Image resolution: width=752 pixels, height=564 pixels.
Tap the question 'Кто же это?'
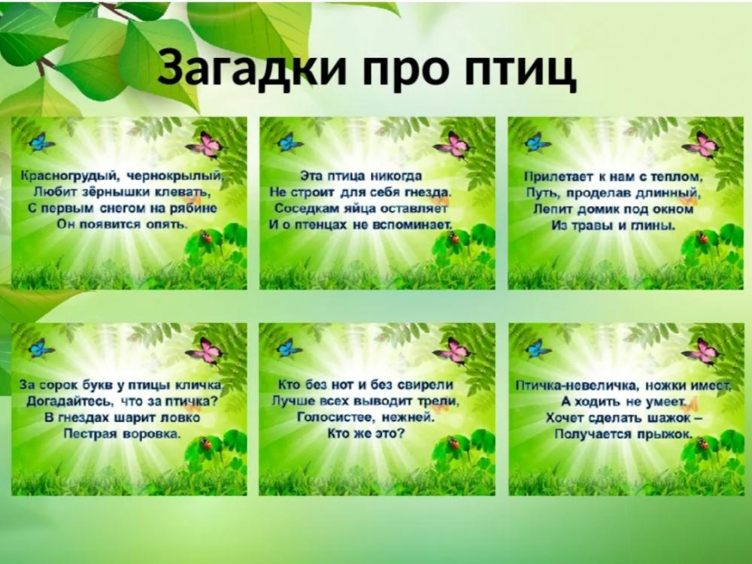point(366,434)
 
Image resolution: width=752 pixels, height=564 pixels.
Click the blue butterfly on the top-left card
point(41,142)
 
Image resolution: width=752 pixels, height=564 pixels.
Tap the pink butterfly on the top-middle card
point(453,144)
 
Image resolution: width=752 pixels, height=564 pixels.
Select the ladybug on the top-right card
point(704,238)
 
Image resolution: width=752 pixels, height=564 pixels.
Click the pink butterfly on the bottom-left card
point(205,351)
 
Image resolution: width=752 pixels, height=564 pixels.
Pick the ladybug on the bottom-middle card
point(454,443)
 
